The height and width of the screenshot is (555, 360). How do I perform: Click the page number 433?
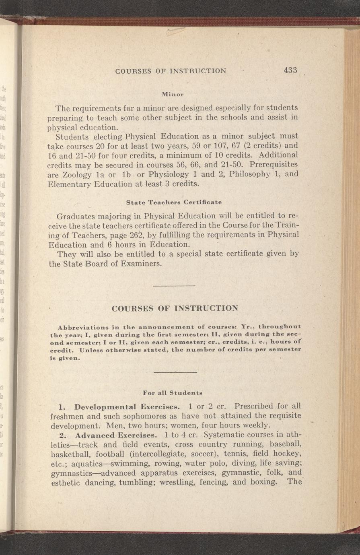point(290,70)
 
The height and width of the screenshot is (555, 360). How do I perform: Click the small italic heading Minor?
point(172,94)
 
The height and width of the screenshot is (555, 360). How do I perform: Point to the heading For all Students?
point(173,392)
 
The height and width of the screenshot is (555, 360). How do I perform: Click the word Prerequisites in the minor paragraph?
point(275,165)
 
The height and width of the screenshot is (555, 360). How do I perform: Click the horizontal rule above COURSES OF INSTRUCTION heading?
point(174,286)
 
